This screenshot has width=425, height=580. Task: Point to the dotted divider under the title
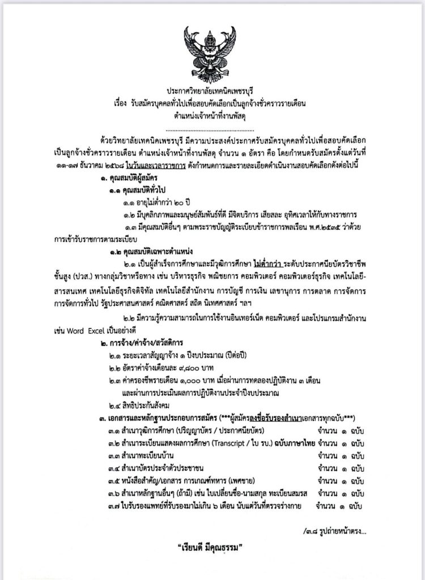(212, 128)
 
